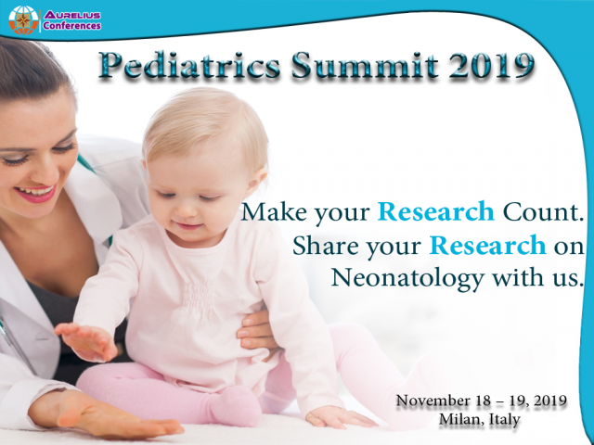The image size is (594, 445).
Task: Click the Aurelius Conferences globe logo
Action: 24,20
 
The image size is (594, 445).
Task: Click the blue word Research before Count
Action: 436,211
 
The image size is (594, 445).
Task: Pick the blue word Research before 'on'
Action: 487,246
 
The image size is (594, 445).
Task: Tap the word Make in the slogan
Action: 271,211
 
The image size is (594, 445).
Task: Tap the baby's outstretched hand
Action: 85,341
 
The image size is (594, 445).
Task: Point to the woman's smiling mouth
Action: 35,192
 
